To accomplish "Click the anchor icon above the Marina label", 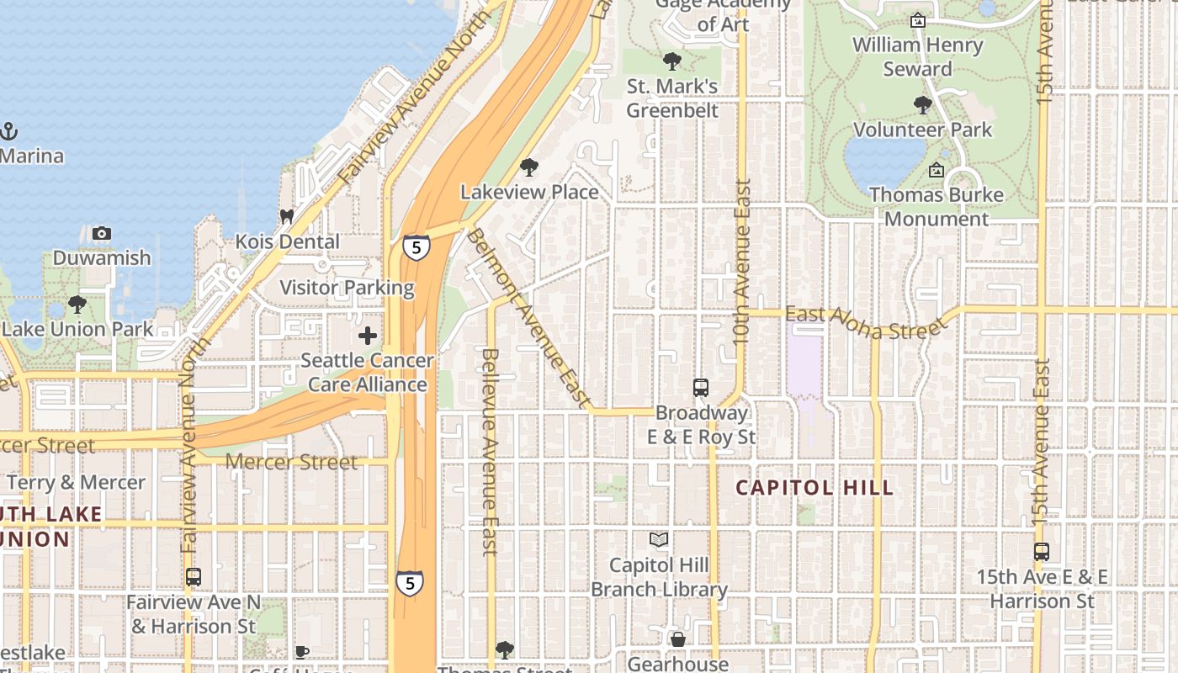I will coord(8,131).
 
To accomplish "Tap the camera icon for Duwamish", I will coord(102,233).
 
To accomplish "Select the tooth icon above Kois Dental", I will coord(287,217).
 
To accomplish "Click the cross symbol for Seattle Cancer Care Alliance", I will coord(368,336).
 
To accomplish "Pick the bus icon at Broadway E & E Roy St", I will coord(701,388).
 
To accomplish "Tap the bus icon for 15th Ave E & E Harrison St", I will coord(1042,553).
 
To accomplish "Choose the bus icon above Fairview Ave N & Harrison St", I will coord(194,578).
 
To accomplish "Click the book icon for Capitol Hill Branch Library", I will coord(659,539).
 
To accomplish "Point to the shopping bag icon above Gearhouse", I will coord(677,640).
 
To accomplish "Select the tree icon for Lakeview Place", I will coord(529,167).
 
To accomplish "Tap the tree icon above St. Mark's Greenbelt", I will coord(671,61).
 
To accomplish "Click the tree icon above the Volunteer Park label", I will coord(923,105).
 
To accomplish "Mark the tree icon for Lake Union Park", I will coord(77,305).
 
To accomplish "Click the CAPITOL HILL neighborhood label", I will coord(815,488).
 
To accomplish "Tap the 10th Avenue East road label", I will coord(741,261).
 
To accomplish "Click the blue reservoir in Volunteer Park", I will coord(883,162).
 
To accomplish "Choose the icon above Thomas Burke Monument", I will coord(936,171).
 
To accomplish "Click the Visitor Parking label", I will coord(347,288).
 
